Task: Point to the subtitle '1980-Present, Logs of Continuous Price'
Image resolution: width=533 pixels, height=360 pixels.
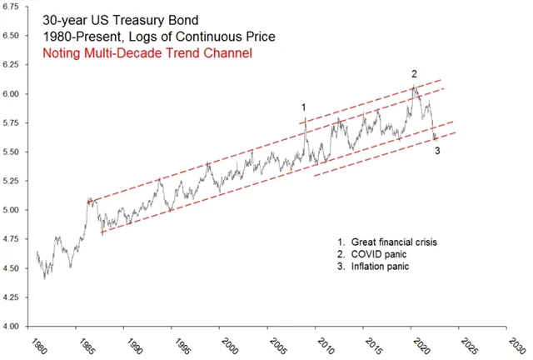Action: click(x=157, y=37)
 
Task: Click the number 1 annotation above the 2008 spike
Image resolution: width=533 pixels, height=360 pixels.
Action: click(x=304, y=107)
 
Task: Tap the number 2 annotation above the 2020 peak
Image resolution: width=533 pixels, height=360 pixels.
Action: click(x=414, y=73)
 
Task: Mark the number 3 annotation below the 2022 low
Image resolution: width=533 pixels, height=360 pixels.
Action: click(x=437, y=151)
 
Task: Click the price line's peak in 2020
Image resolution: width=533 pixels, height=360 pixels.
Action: click(x=414, y=85)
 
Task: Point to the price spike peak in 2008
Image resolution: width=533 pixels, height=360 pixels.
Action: click(x=306, y=119)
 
